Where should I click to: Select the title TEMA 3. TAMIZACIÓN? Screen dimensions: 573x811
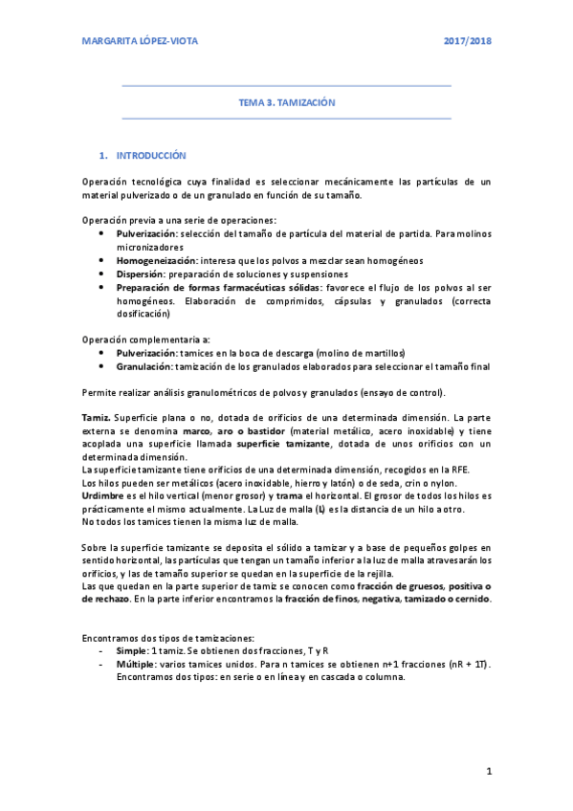[x=287, y=101]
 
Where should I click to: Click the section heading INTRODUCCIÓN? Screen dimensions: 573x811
[x=151, y=155]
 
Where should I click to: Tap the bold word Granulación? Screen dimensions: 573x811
[x=148, y=365]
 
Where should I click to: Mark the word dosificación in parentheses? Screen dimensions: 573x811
[x=146, y=326]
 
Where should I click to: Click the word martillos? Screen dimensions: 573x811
[x=383, y=352]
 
